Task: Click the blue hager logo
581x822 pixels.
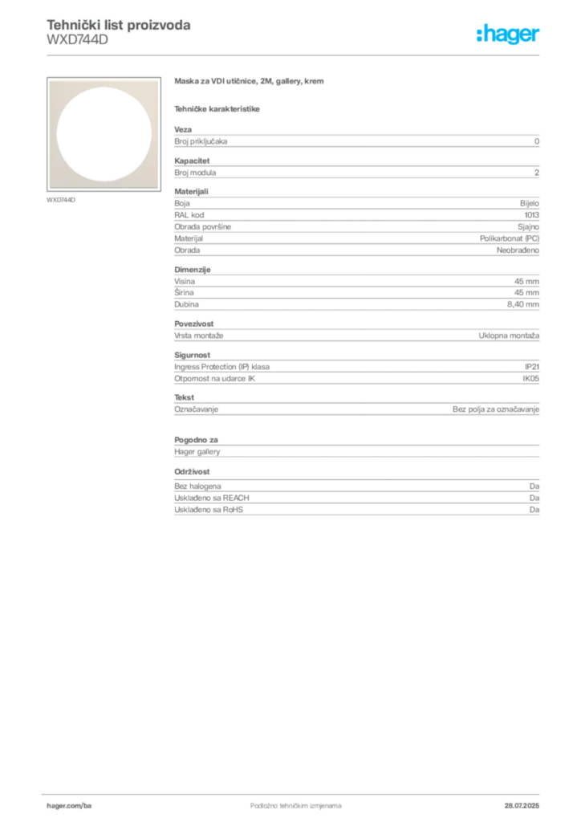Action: pos(509,36)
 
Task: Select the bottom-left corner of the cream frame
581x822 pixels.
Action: pos(50,189)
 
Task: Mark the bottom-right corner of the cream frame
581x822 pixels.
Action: pos(158,189)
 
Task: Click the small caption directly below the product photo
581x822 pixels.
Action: pos(61,200)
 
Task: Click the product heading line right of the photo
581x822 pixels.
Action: pos(250,83)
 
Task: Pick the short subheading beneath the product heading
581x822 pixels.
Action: pos(218,108)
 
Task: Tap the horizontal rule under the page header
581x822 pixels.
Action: pos(295,55)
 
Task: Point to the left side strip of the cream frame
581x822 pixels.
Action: pos(54,135)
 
